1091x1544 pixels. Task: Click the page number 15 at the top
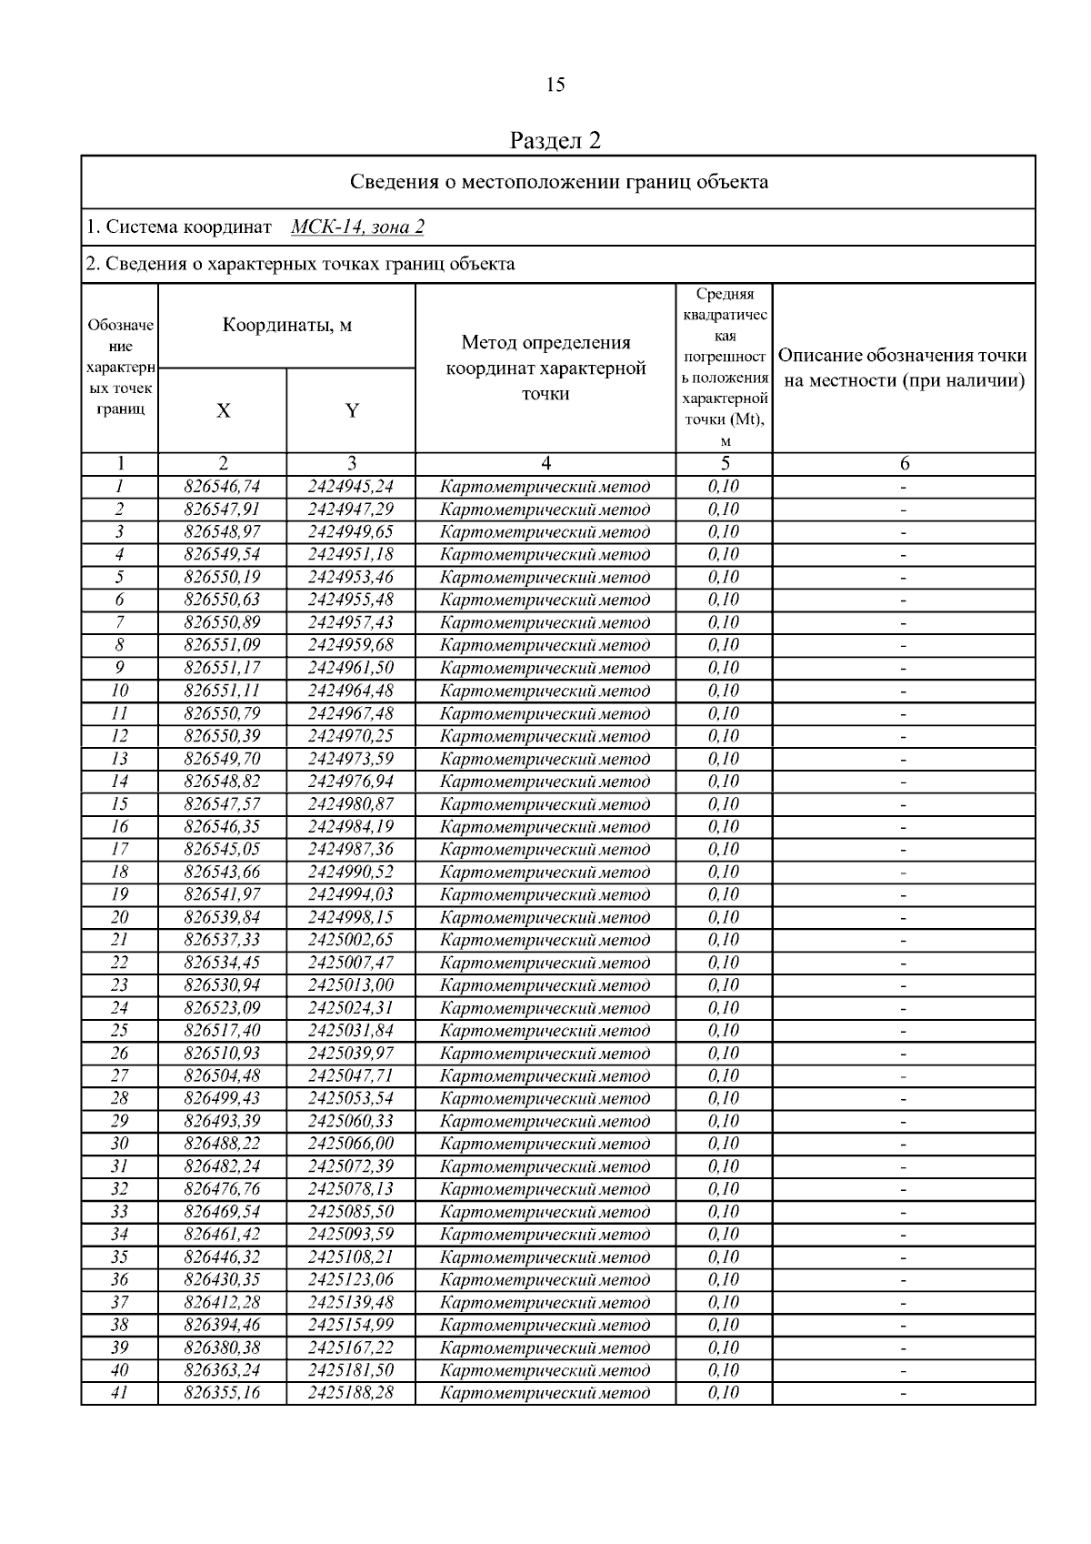point(556,86)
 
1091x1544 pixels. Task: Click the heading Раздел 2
point(556,140)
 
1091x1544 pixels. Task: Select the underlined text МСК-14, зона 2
point(357,227)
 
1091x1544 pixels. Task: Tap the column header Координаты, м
point(287,326)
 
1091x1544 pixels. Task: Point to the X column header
point(223,410)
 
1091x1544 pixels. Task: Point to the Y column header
point(352,410)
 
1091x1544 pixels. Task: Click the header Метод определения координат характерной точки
point(545,368)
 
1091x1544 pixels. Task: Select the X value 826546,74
point(222,487)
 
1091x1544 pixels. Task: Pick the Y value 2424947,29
point(351,510)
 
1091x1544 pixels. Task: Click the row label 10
point(119,691)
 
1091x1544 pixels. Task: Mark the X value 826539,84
point(222,917)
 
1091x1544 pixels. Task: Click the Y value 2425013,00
point(351,985)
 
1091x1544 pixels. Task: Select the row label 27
point(119,1075)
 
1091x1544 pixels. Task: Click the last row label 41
point(119,1393)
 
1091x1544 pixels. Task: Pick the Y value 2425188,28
point(351,1393)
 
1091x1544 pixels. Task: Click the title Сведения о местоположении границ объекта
point(559,182)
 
